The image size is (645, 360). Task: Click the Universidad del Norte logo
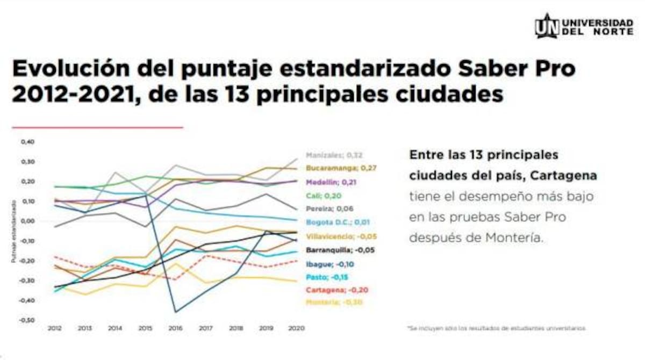click(x=584, y=26)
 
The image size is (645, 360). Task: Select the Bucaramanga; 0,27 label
click(x=341, y=168)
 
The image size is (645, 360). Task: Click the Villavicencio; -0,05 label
click(x=340, y=236)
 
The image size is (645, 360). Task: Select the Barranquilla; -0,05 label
click(x=340, y=250)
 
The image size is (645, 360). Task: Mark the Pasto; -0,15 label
click(x=325, y=277)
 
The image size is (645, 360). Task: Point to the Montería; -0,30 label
click(x=333, y=303)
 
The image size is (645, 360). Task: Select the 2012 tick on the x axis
click(x=53, y=327)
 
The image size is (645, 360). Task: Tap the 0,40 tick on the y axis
click(x=27, y=142)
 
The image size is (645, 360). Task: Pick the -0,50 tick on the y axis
click(x=27, y=320)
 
